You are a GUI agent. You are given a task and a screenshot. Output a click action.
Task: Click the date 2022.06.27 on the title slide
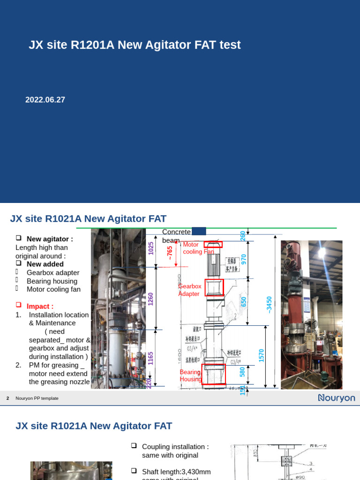pyautogui.click(x=45, y=100)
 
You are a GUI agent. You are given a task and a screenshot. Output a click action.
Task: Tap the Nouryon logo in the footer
pyautogui.click(x=336, y=398)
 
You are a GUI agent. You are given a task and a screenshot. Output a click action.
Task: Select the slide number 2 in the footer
pyautogui.click(x=8, y=398)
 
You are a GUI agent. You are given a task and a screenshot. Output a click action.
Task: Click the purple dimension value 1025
pyautogui.click(x=150, y=248)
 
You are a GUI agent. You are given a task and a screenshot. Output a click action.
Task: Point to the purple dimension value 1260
pyautogui.click(x=150, y=299)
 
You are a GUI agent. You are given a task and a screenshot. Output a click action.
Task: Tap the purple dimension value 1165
pyautogui.click(x=150, y=359)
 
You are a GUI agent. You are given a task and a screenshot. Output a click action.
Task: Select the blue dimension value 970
pyautogui.click(x=243, y=259)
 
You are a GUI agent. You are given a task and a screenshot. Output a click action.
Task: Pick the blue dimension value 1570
pyautogui.click(x=262, y=355)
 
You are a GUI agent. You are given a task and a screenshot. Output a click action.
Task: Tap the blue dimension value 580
pyautogui.click(x=242, y=371)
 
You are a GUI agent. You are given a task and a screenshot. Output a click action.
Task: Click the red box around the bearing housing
pyautogui.click(x=214, y=374)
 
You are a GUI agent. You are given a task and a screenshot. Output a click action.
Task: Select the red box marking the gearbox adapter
pyautogui.click(x=214, y=287)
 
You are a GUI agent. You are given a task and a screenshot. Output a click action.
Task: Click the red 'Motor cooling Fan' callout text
pyautogui.click(x=198, y=248)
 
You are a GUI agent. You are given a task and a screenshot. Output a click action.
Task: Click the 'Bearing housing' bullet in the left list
pyautogui.click(x=52, y=281)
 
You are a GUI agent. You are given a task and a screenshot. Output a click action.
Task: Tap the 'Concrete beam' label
pyautogui.click(x=176, y=236)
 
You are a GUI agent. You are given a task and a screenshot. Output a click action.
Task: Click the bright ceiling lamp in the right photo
pyautogui.click(x=322, y=252)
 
